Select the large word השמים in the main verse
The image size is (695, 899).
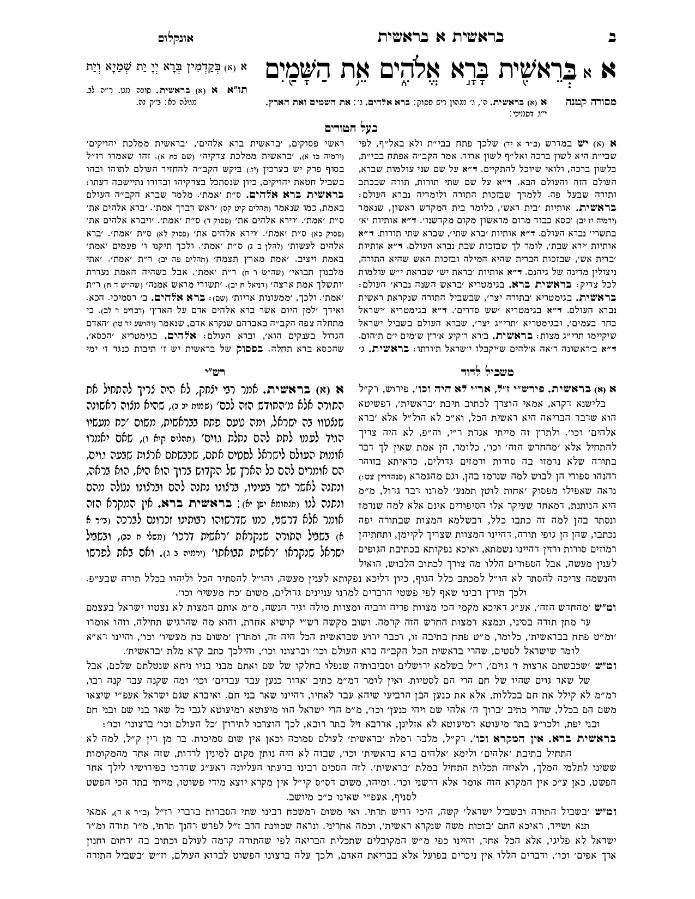pyautogui.click(x=305, y=70)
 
